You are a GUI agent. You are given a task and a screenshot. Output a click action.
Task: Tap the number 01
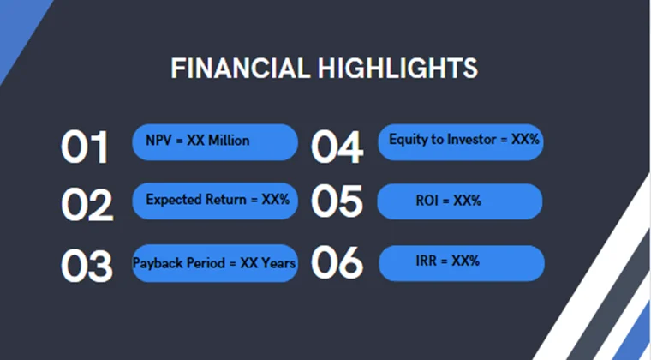(86, 147)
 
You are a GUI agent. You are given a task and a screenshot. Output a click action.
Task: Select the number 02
(87, 205)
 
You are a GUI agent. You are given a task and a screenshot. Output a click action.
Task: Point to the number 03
(87, 266)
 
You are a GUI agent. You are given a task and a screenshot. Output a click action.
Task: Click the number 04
(337, 147)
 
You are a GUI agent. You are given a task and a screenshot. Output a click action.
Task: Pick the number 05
(337, 203)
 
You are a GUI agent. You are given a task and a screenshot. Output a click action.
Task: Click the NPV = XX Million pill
(214, 141)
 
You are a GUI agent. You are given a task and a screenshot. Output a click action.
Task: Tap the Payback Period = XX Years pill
(215, 263)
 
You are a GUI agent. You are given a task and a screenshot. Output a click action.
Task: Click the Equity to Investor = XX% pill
(461, 141)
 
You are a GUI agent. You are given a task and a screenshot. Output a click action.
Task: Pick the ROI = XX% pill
(461, 201)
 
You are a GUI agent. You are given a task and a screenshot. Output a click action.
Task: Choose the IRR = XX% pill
(461, 262)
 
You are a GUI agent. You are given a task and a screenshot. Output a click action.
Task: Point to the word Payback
(157, 263)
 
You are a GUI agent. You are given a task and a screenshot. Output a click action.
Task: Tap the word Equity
(407, 139)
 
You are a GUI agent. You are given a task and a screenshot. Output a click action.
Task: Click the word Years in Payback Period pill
(279, 263)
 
